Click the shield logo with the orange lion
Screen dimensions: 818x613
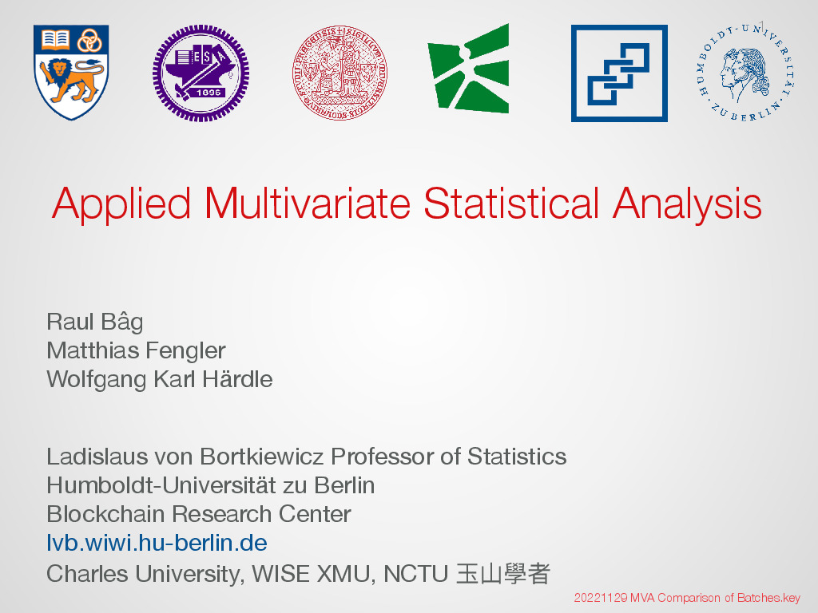71,73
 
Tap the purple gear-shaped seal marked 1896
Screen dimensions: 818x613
201,73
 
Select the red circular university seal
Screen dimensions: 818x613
340,73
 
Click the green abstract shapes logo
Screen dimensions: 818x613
468,69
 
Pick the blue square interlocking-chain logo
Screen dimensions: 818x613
619,73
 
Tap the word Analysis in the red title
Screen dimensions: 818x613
687,204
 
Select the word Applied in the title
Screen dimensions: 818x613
121,204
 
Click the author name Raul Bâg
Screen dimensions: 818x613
95,322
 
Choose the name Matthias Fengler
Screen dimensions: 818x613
136,351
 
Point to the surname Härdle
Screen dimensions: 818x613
237,379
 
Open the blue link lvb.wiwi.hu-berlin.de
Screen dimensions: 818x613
157,543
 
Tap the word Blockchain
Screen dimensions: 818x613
106,514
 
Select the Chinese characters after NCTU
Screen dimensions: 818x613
503,574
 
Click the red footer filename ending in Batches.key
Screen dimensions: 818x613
687,598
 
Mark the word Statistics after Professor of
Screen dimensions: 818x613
517,457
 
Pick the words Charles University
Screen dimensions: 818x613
145,575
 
